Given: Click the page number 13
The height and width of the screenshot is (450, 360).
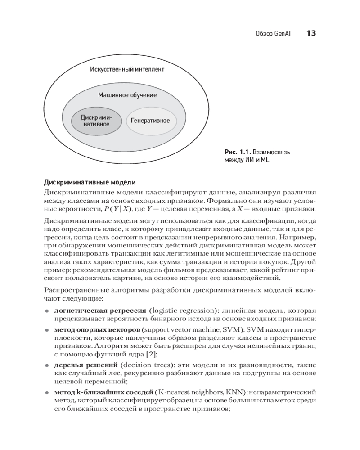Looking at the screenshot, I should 311,33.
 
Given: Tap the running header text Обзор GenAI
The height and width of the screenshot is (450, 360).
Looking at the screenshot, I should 273,34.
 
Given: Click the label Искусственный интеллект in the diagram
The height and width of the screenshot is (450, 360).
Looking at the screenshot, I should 127,69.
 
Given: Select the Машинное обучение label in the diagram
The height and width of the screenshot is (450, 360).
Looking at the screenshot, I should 127,95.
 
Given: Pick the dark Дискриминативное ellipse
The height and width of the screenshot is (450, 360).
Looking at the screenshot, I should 96,121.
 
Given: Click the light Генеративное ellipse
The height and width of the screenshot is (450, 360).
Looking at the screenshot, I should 150,121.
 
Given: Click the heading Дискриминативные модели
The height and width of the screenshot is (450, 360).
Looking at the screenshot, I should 90,182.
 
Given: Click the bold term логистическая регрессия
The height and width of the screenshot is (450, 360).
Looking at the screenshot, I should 100,310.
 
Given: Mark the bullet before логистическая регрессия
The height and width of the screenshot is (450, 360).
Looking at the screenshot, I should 46,311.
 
